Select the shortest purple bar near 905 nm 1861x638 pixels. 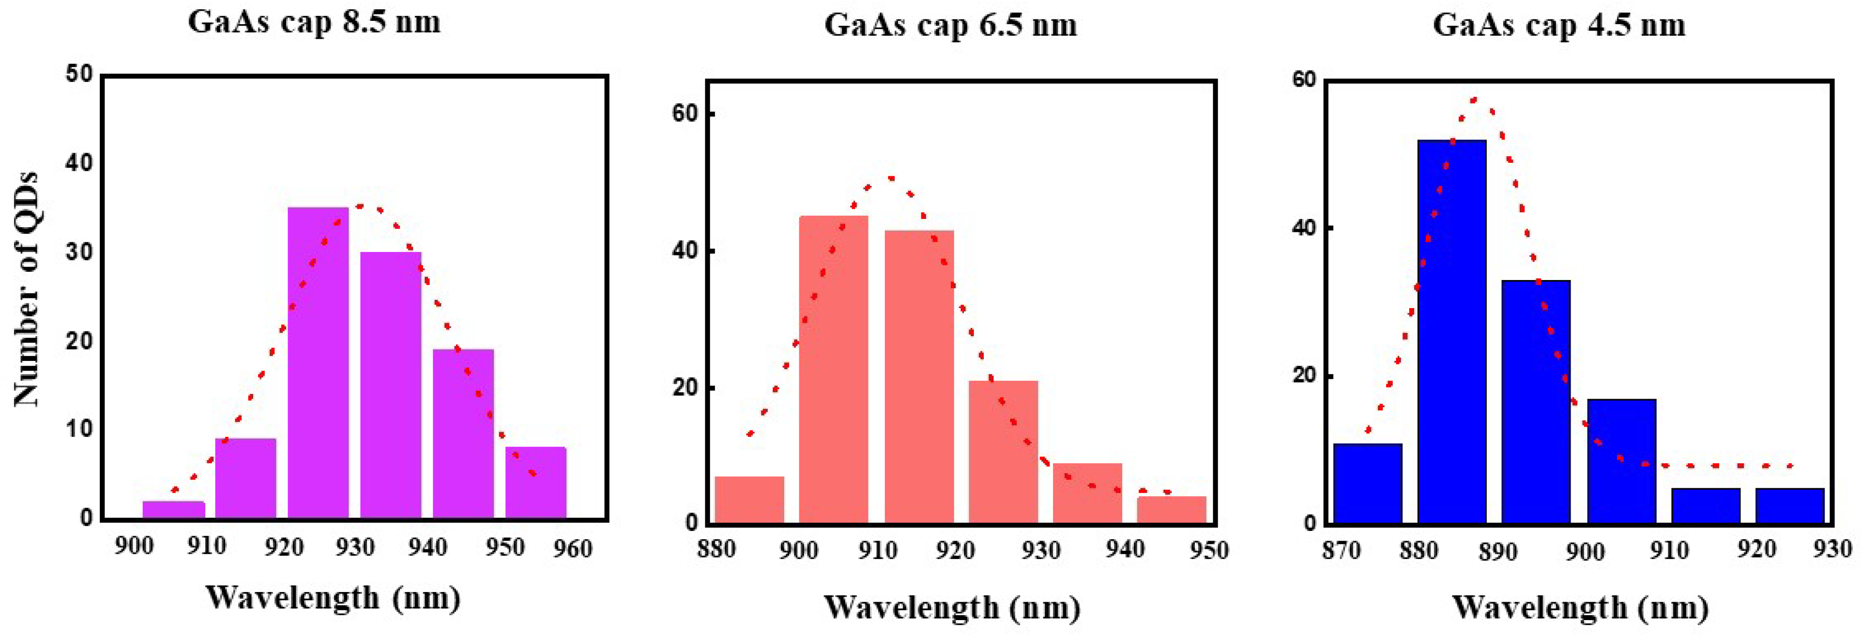point(173,510)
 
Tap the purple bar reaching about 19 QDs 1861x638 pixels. point(463,434)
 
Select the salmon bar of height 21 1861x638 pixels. point(1003,451)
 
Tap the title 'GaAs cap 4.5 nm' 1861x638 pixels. point(1558,25)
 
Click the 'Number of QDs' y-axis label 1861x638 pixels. point(26,289)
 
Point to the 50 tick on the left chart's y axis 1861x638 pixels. point(79,75)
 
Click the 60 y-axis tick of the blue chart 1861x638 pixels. point(1304,79)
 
